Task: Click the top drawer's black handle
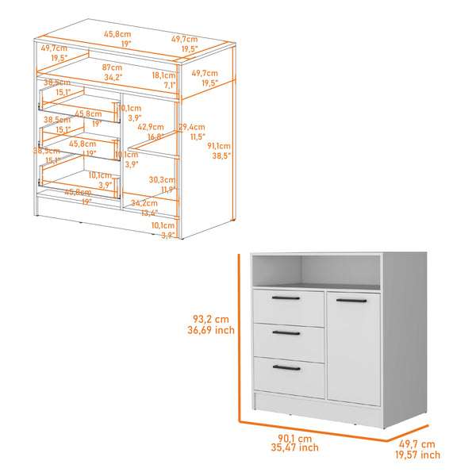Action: point(285,297)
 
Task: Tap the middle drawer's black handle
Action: point(285,332)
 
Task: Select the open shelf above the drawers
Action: point(317,271)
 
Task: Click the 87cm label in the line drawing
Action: point(112,67)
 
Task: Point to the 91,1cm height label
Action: point(219,146)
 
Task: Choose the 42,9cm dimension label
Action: point(150,127)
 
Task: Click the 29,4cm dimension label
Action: point(191,127)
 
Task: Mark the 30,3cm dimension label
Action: point(166,179)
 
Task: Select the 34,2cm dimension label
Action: point(144,203)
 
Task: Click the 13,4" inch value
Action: point(144,212)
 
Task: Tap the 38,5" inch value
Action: point(220,156)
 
